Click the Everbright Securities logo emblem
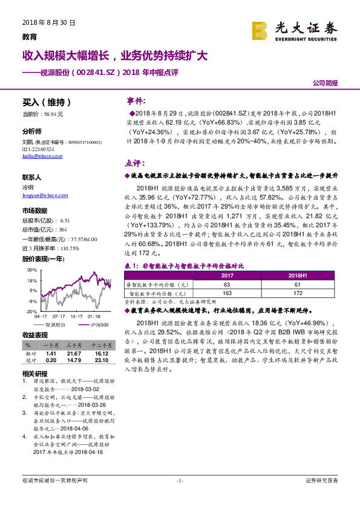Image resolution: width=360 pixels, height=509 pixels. pyautogui.click(x=259, y=30)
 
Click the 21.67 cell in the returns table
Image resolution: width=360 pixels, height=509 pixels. pyautogui.click(x=74, y=352)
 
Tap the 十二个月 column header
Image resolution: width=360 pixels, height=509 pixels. pyautogui.click(x=101, y=345)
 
